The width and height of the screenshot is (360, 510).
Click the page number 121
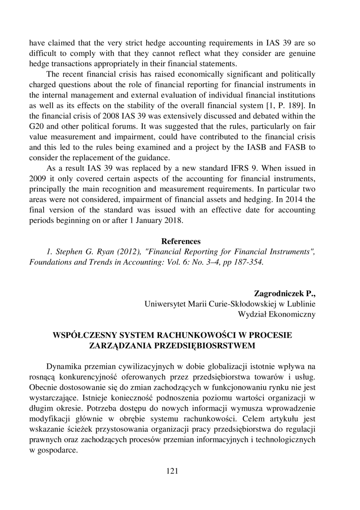[x=172, y=471]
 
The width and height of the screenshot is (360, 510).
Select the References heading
[x=181, y=241]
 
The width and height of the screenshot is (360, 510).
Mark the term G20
[x=37, y=126]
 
